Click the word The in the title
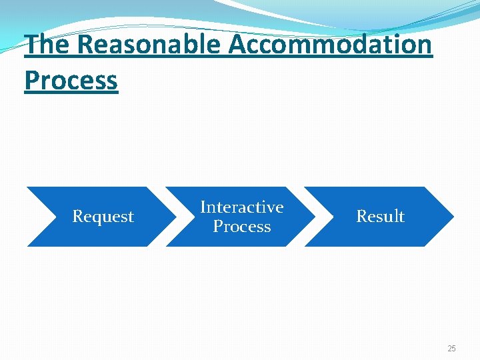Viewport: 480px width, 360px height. click(x=47, y=45)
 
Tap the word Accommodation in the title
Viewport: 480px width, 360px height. click(x=331, y=45)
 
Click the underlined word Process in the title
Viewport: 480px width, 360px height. click(x=71, y=81)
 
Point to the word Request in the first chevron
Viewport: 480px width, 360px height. click(x=103, y=217)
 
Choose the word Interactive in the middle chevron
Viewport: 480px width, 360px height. click(x=241, y=207)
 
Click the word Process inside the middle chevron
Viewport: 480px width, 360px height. click(x=241, y=227)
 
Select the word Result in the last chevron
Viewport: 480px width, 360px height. click(x=380, y=217)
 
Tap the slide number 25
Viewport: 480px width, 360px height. click(x=451, y=349)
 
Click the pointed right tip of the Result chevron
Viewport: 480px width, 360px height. click(x=453, y=217)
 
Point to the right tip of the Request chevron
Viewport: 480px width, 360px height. click(x=175, y=217)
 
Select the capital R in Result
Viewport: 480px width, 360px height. click(x=361, y=217)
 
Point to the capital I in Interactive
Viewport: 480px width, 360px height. click(x=203, y=207)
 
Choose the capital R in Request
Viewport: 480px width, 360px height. click(x=77, y=217)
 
